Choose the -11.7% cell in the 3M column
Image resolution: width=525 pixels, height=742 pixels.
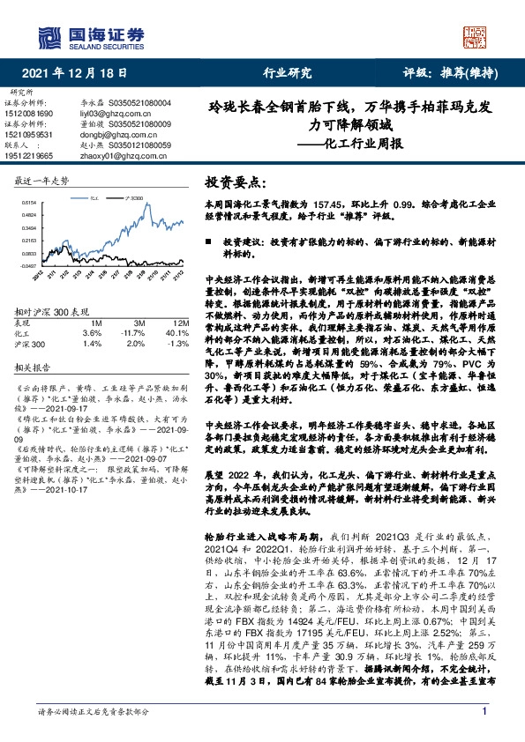click(131, 333)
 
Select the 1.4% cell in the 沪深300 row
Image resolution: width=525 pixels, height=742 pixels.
click(91, 343)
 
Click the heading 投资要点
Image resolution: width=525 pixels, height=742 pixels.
click(234, 182)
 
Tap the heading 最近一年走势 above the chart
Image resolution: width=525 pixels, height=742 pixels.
click(42, 180)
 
